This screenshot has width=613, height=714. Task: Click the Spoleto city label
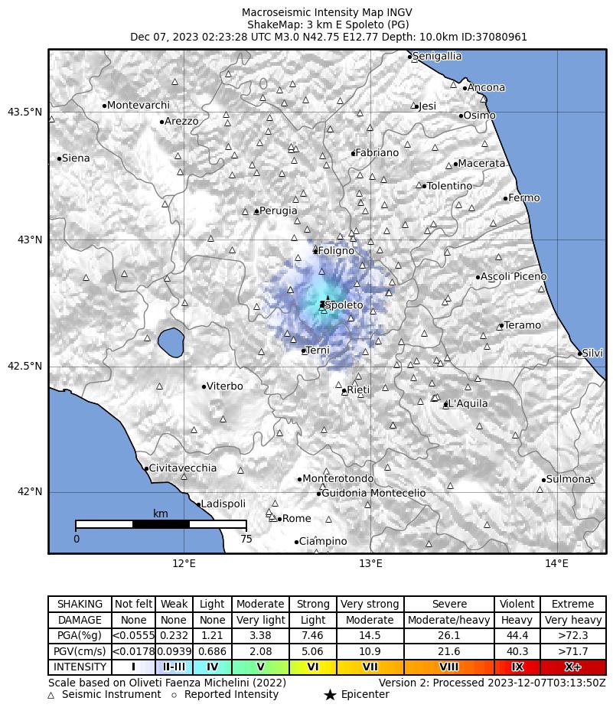[344, 305]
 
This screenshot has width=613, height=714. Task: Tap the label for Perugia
[278, 210]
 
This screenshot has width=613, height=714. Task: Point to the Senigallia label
[436, 56]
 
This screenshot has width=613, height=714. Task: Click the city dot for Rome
[279, 519]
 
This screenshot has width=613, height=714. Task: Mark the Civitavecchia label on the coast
[182, 468]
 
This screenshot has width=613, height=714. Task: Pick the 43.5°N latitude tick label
[24, 112]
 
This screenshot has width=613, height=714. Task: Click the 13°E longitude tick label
[370, 564]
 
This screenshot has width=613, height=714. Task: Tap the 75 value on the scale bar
[246, 539]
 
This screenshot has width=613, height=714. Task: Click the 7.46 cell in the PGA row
[313, 635]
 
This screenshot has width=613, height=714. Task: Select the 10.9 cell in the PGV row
[370, 651]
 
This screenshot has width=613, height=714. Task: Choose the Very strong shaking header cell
[370, 604]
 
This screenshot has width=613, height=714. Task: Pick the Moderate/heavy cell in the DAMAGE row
[448, 620]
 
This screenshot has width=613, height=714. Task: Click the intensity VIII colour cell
[448, 667]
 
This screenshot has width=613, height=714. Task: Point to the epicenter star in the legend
[330, 695]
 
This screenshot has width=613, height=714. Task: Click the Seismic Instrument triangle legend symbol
[51, 695]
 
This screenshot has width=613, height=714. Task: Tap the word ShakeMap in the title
[270, 24]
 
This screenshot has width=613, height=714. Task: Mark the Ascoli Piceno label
[514, 276]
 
